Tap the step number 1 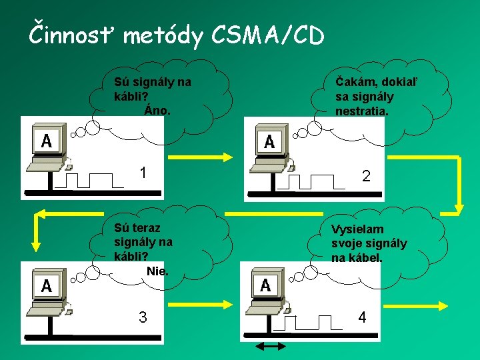(143, 173)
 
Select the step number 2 (366, 176)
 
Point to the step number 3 (143, 317)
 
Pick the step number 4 (362, 317)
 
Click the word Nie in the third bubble (157, 271)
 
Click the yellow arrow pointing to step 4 (199, 307)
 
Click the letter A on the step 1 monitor (47, 140)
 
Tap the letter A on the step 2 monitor (269, 141)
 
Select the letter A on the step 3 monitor (47, 285)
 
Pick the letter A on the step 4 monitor (265, 285)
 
